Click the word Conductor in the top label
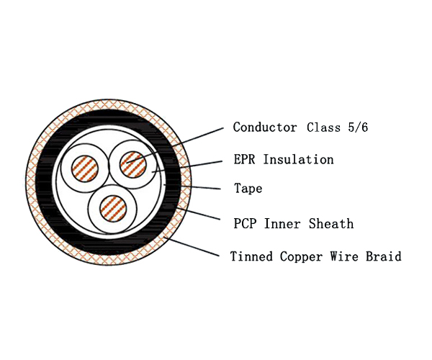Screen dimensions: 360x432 (x=264, y=127)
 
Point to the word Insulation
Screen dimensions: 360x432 (x=298, y=159)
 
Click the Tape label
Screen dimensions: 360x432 (x=248, y=189)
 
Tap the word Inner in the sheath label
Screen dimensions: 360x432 (x=284, y=224)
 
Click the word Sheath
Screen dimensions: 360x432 (x=331, y=224)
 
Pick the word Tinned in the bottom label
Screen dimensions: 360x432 (x=251, y=256)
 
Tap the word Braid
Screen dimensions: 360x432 (x=384, y=256)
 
